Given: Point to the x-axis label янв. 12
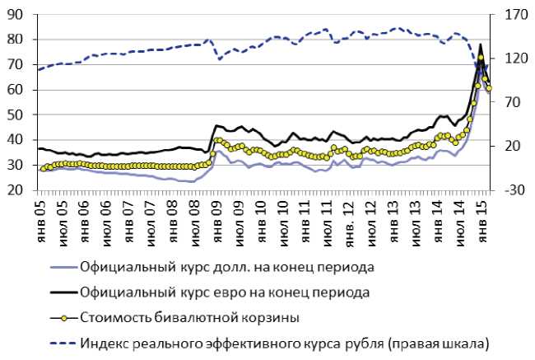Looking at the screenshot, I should tap(349, 217).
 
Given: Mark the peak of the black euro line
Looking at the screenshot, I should tap(481, 44).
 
